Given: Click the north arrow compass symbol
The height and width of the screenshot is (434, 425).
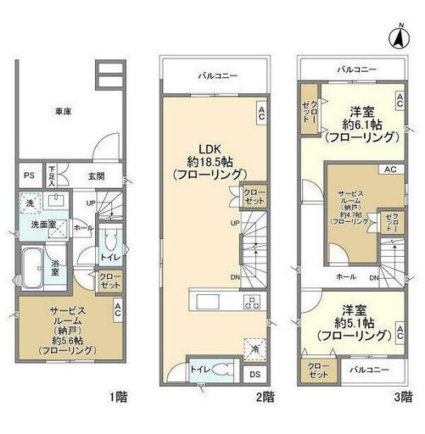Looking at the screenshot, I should point(397,36).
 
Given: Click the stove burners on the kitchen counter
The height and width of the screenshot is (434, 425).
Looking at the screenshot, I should point(252,303).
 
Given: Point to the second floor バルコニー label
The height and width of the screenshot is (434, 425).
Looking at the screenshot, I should point(217,75).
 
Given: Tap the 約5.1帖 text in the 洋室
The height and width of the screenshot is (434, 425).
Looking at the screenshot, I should point(355,323).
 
